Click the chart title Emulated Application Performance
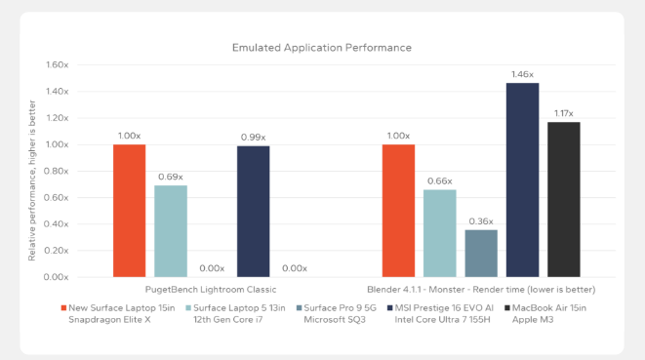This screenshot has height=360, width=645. click(321, 47)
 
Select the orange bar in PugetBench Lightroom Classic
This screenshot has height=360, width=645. click(129, 210)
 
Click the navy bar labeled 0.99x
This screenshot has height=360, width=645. click(253, 211)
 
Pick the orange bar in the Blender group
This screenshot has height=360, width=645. click(398, 210)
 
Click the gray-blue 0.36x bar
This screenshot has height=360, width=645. click(480, 253)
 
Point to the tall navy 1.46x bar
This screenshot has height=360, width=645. click(522, 180)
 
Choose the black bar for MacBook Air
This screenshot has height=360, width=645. click(563, 199)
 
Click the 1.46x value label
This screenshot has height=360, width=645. click(522, 74)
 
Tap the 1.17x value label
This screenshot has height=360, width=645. click(563, 113)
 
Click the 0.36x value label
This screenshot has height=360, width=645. click(480, 220)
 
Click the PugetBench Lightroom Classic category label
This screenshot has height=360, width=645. click(211, 290)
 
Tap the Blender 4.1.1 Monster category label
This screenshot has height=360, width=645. click(481, 290)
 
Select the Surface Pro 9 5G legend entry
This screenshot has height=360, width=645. click(331, 312)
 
